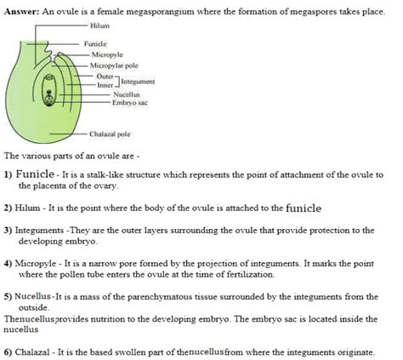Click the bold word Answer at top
tap(21, 7)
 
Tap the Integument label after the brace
tap(137, 80)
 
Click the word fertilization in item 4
tap(247, 274)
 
